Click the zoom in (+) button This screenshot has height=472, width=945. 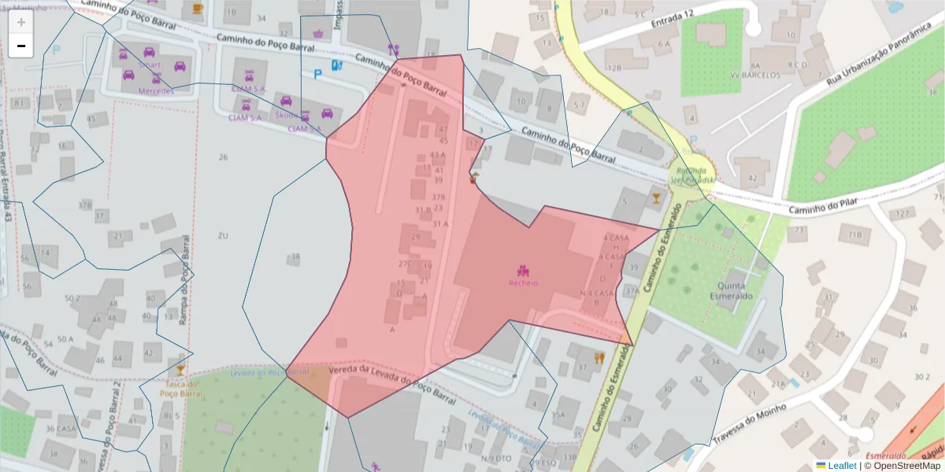(21, 22)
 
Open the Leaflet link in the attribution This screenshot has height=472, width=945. (841, 466)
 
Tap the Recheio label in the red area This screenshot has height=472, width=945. (523, 283)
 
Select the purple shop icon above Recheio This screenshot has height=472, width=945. (522, 271)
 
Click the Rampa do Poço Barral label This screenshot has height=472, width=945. (187, 275)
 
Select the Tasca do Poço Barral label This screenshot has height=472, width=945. (180, 388)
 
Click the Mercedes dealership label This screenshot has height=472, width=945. (156, 90)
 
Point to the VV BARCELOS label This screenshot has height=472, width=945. (755, 76)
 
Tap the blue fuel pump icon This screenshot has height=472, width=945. (337, 66)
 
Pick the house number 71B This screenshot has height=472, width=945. (855, 234)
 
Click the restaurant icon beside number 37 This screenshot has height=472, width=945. (599, 357)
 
